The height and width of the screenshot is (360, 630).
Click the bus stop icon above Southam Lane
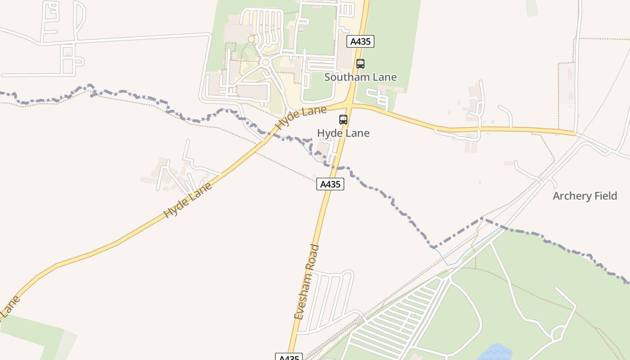pyautogui.click(x=360, y=64)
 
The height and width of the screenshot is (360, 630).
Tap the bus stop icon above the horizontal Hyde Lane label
pyautogui.click(x=343, y=120)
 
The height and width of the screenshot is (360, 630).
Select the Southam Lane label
pyautogui.click(x=360, y=77)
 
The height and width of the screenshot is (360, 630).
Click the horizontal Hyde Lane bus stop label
pyautogui.click(x=343, y=133)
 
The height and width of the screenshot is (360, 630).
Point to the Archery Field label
pyautogui.click(x=585, y=196)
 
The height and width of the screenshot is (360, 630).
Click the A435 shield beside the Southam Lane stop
pyautogui.click(x=360, y=41)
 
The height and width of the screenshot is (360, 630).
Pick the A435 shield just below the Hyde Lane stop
pyautogui.click(x=330, y=184)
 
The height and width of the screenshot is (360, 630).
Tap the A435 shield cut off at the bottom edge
pyautogui.click(x=289, y=357)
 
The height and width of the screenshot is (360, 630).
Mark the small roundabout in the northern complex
pyautogui.click(x=265, y=62)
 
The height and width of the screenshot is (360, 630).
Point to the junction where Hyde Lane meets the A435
pyautogui.click(x=349, y=105)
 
